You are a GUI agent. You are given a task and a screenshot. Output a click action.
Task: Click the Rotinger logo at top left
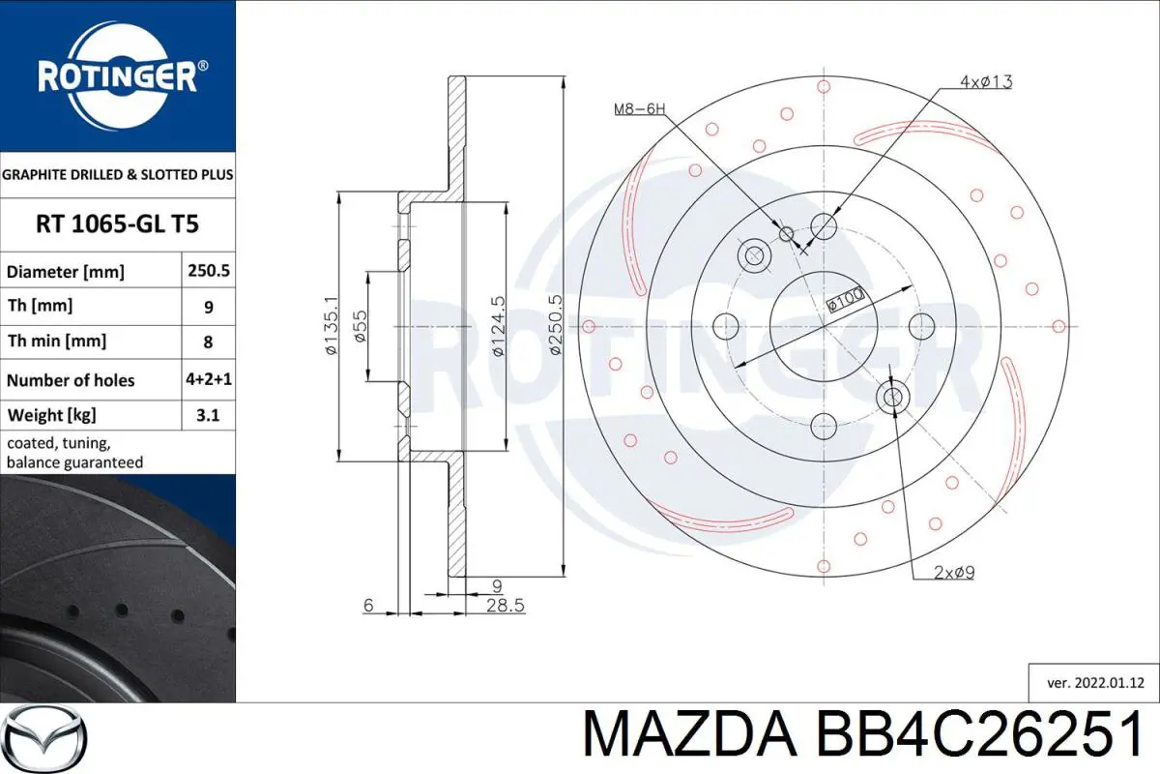118,74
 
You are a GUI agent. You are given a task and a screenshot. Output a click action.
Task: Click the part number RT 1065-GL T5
117,224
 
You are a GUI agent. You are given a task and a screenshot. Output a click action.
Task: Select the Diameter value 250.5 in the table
209,272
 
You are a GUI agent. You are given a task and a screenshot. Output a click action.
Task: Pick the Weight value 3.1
209,416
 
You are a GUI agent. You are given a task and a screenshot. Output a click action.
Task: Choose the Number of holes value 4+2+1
209,380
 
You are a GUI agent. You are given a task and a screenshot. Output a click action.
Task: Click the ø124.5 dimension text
497,327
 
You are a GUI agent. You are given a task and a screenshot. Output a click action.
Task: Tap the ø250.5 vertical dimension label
555,327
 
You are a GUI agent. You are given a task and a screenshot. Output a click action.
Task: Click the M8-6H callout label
639,109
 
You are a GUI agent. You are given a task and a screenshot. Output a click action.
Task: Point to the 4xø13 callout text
985,82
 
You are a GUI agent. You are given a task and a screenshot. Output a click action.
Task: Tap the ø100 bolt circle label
845,301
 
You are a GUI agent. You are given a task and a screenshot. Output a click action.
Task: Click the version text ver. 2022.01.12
1095,682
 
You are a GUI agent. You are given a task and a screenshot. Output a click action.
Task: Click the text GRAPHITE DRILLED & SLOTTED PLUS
117,175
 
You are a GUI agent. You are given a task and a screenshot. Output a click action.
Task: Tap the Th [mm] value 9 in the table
209,308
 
